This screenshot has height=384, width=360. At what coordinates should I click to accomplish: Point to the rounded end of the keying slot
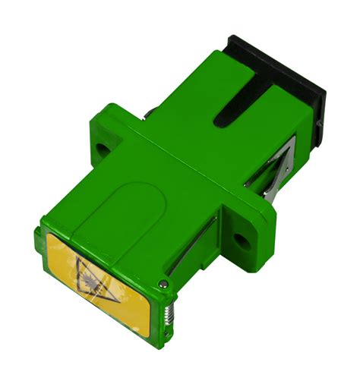pyautogui.click(x=219, y=118)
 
